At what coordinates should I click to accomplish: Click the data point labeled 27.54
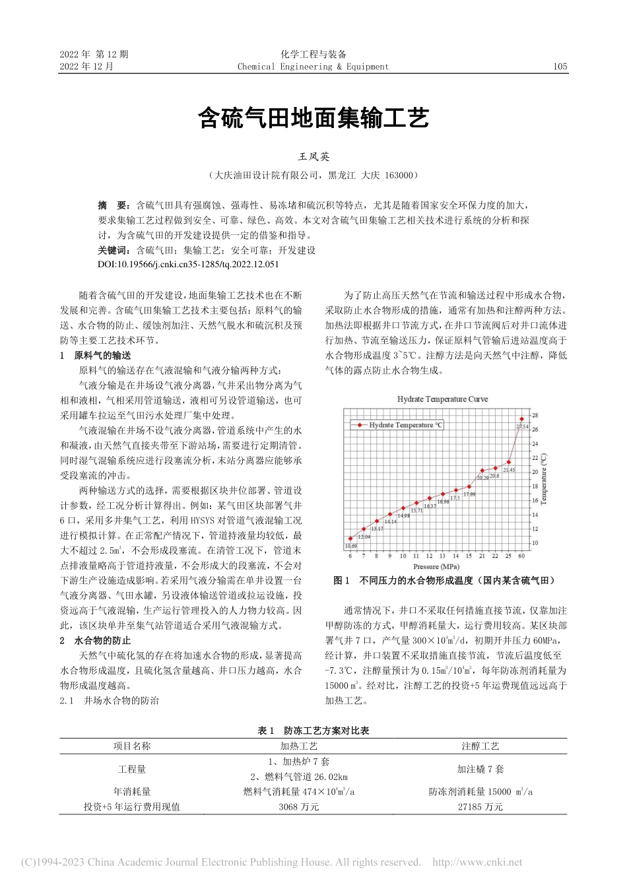(521, 418)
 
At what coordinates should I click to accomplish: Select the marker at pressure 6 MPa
(350, 539)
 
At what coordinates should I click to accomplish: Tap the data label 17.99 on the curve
(469, 494)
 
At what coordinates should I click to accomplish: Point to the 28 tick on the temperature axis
(535, 415)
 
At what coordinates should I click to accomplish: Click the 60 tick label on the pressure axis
(521, 556)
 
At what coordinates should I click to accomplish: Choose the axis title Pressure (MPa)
(436, 566)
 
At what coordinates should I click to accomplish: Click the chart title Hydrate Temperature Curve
(442, 399)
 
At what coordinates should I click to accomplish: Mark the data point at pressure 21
(482, 471)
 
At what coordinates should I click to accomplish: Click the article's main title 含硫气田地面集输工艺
(313, 118)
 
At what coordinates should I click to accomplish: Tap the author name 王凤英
(313, 157)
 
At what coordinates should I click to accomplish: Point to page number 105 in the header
(560, 67)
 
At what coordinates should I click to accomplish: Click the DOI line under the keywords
(188, 264)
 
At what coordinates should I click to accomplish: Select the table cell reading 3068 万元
(298, 806)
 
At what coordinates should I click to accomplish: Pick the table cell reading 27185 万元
(480, 806)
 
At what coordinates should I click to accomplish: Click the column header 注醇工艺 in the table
(480, 746)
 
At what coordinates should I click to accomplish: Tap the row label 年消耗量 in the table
(132, 791)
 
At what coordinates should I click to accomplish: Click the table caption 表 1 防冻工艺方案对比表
(313, 731)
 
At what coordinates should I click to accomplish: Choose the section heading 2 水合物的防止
(96, 640)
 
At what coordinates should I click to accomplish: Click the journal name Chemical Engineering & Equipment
(313, 67)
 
